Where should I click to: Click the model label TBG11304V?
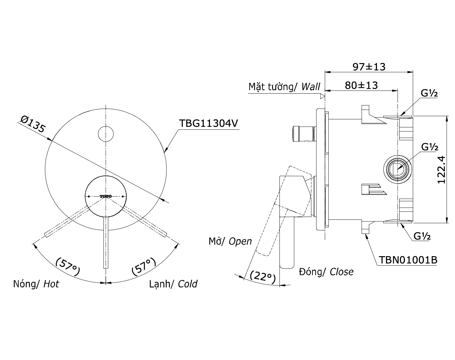pos(208,124)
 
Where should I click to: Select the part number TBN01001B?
pos(408,260)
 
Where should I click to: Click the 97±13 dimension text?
pos(369,67)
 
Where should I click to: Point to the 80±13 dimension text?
pos(361,85)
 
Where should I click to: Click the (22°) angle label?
pos(263,276)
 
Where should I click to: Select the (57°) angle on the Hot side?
pos(68,267)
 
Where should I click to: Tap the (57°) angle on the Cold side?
pos(144,267)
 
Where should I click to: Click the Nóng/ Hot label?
pos(36,284)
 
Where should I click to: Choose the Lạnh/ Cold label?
pos(173,284)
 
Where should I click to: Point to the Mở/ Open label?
pos(230,241)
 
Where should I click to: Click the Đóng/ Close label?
pos(326,272)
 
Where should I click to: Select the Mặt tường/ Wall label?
pos(284,87)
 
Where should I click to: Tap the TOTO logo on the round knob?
pos(106,196)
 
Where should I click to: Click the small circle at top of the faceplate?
pos(106,133)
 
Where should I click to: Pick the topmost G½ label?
pos(429,93)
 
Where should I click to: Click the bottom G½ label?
pos(422,236)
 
